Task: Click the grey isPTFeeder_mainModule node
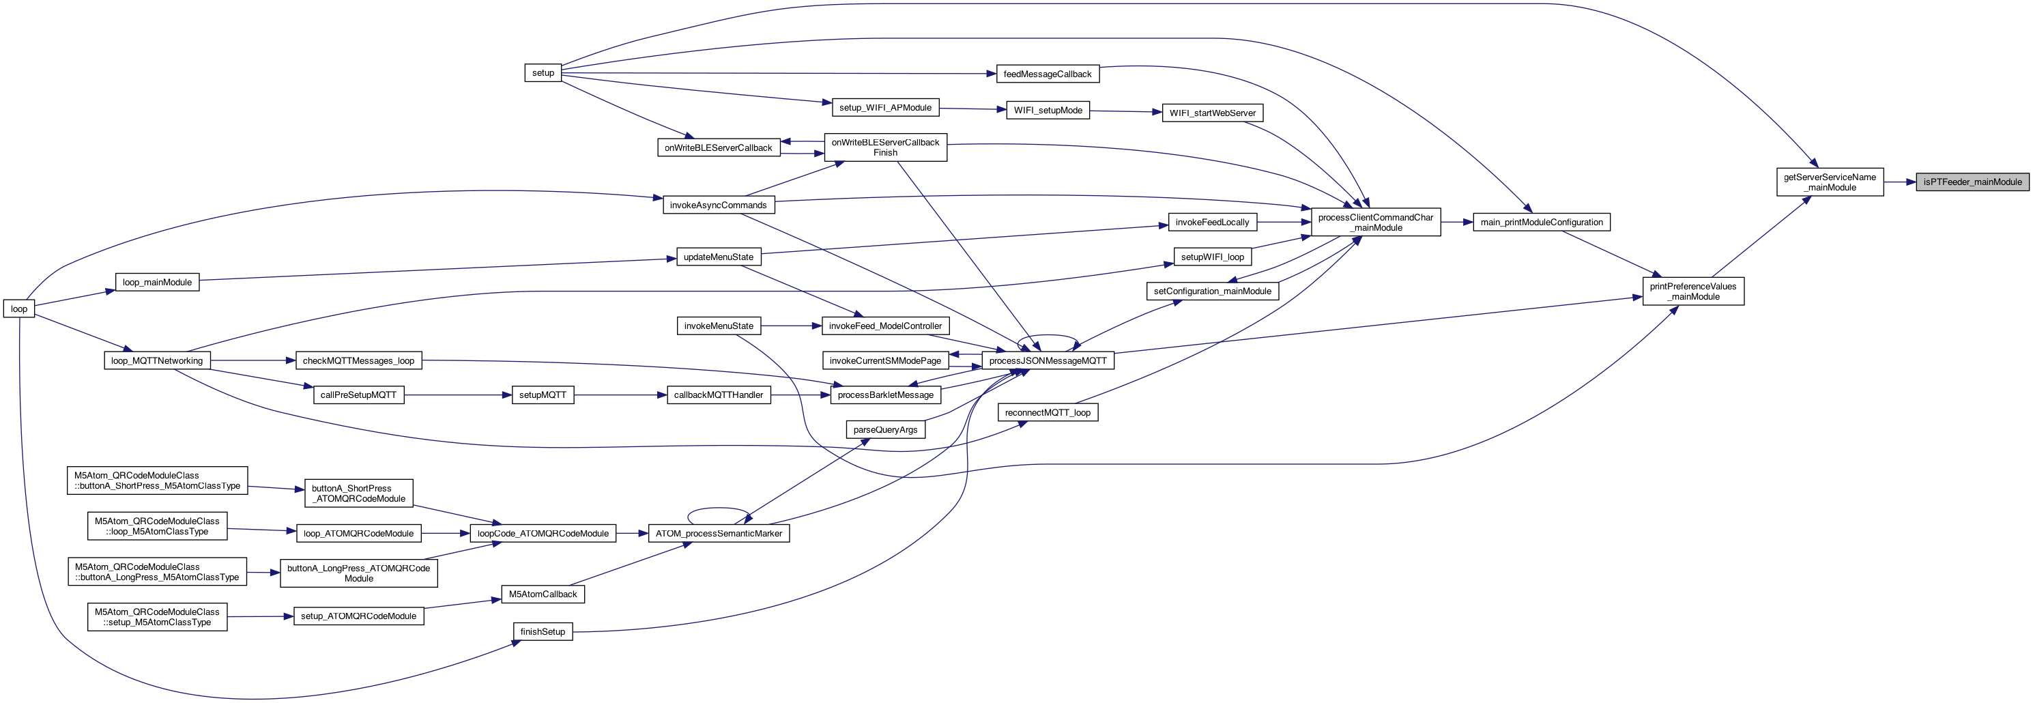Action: [x=1972, y=182]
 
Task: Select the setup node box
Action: [x=543, y=72]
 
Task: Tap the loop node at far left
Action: [x=19, y=309]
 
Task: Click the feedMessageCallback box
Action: [x=1048, y=74]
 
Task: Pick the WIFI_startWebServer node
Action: [x=1212, y=113]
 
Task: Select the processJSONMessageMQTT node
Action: [x=1048, y=360]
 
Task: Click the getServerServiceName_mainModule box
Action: [x=1830, y=182]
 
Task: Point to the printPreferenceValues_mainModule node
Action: [x=1693, y=291]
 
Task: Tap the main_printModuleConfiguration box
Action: [x=1542, y=223]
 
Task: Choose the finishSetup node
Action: [x=543, y=631]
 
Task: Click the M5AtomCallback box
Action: [x=543, y=594]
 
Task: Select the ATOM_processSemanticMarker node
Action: [x=718, y=533]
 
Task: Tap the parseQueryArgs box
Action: [x=886, y=430]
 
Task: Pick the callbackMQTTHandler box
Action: [x=718, y=394]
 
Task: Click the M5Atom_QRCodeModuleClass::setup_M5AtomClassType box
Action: [x=157, y=617]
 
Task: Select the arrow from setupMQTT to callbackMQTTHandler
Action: [x=620, y=394]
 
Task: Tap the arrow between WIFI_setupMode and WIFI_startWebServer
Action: [x=1125, y=111]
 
